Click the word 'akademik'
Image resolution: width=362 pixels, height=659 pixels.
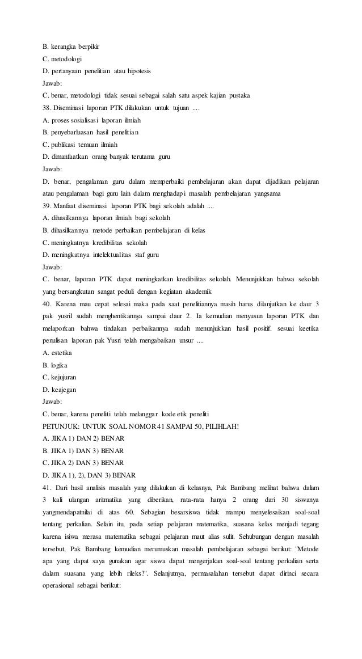[x=196, y=292]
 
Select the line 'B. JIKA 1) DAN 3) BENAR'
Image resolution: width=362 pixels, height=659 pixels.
[x=83, y=451]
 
